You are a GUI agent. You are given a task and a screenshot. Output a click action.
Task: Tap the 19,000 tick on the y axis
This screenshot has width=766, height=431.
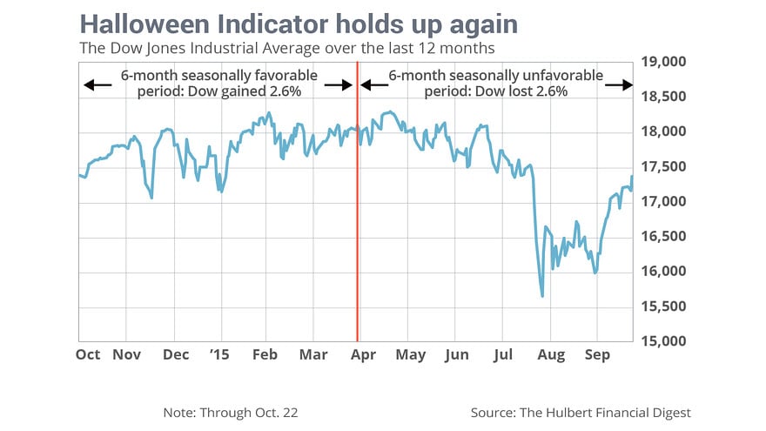click(663, 62)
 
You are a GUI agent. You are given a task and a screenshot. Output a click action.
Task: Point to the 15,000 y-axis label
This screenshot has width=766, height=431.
click(663, 340)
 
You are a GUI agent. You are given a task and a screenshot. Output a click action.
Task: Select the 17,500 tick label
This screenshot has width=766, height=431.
click(663, 166)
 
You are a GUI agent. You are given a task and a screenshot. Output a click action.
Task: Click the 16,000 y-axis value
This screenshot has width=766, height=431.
click(663, 271)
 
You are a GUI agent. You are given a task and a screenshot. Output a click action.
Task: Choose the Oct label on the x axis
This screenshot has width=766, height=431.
click(88, 354)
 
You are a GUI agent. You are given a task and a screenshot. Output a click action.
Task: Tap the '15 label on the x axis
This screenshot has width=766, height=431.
click(221, 354)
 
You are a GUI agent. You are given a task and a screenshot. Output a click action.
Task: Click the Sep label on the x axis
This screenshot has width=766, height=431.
click(596, 354)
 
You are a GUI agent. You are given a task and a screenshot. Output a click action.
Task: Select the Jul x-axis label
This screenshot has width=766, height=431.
click(502, 354)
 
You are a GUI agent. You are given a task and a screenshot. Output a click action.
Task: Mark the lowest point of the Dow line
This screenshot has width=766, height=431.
click(542, 296)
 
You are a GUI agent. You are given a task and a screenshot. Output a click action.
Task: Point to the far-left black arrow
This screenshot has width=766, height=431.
click(97, 85)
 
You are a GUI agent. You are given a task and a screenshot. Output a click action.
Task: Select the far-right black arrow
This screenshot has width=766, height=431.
click(619, 85)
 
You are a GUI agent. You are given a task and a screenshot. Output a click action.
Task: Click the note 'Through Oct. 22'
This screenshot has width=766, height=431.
click(235, 412)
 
